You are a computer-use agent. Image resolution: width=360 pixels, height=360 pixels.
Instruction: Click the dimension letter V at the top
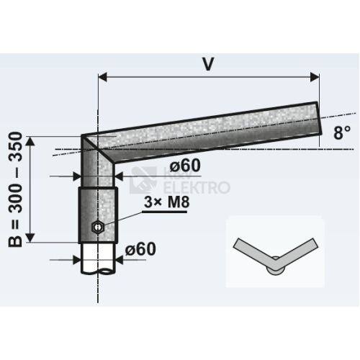coord(208,64)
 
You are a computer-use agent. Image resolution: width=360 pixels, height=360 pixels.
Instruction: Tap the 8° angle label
coord(342,132)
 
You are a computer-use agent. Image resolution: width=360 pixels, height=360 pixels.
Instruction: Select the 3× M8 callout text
coord(167,202)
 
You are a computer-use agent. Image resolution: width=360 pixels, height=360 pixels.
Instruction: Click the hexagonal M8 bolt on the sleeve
coord(97,226)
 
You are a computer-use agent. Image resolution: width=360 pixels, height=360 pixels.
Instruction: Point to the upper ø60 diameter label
coord(185,166)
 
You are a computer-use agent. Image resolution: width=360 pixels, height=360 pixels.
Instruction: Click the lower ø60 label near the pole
coord(140,249)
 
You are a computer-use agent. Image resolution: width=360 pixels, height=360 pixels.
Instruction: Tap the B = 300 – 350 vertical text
coord(16,189)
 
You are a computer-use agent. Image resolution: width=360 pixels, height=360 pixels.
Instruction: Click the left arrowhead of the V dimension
coord(103,77)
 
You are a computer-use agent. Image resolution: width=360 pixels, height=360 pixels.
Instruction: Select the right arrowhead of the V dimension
coord(315,77)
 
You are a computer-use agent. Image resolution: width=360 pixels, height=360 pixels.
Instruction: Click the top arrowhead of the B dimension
coord(30,141)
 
